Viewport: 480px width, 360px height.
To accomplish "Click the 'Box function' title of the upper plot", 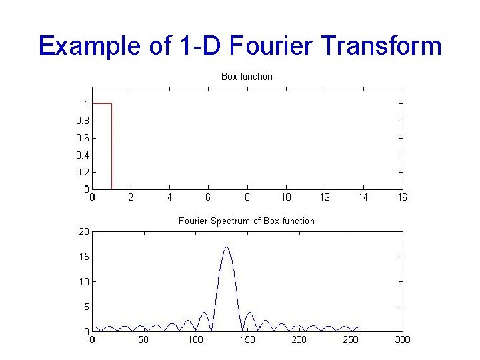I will (247, 77).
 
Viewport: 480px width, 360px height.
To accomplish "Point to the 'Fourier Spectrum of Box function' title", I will (247, 221).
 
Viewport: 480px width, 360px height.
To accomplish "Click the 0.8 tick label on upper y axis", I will (82, 121).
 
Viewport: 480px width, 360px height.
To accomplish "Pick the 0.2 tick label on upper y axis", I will (82, 172).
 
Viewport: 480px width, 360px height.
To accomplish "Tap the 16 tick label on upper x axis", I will (402, 197).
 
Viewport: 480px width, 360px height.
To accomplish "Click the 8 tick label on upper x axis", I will (247, 197).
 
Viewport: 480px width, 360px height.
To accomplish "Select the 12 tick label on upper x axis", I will (325, 197).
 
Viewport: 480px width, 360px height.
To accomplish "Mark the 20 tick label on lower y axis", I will (84, 231).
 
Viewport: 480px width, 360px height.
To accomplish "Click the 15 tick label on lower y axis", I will (84, 257).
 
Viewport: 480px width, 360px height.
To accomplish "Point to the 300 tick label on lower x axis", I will (402, 340).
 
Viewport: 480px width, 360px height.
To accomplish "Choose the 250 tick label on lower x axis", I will (351, 340).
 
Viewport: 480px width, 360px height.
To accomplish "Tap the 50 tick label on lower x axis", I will (143, 340).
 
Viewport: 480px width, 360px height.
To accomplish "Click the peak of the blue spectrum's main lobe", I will (227, 247).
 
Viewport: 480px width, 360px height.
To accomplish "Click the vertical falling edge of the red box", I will (111, 147).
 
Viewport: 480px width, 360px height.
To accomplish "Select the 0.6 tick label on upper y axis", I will (82, 138).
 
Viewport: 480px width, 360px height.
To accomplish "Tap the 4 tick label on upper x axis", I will (169, 197).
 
